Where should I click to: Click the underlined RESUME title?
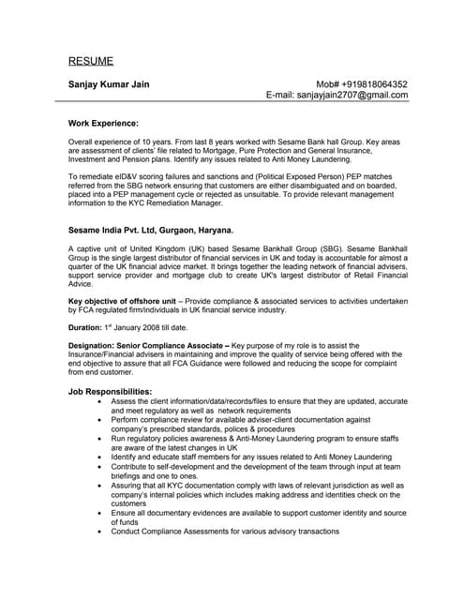coord(91,61)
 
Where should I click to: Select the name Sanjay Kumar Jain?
coord(112,84)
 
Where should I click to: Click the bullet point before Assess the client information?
coord(101,400)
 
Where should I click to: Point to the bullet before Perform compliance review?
coord(101,422)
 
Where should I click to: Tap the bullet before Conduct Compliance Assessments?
coord(101,532)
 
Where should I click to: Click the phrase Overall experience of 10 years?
coord(120,139)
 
